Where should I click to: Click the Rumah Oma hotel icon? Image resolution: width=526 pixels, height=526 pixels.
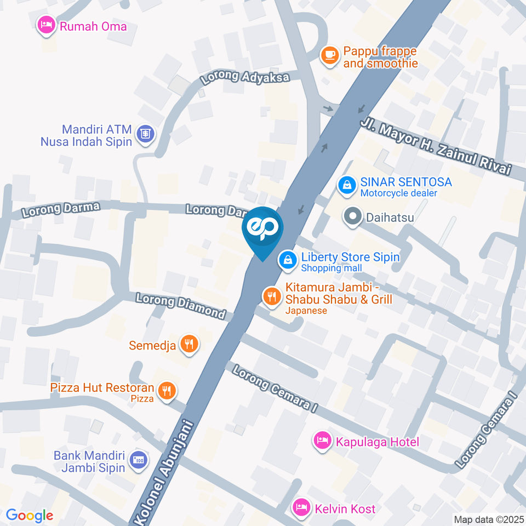tap(45, 25)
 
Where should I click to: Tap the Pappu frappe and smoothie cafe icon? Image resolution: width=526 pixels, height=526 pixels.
tap(329, 55)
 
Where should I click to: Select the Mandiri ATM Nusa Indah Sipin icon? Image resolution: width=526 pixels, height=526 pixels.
tap(146, 133)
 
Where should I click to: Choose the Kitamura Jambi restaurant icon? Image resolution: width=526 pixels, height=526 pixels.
tap(271, 297)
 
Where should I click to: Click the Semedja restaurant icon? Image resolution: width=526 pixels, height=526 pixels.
tap(190, 344)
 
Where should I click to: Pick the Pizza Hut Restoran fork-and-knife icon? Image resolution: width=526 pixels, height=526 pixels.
tap(166, 391)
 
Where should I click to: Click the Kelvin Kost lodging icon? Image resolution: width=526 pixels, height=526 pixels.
tap(301, 507)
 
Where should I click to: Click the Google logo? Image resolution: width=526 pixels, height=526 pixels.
tap(29, 515)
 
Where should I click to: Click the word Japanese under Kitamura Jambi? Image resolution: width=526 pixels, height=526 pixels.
tap(306, 311)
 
